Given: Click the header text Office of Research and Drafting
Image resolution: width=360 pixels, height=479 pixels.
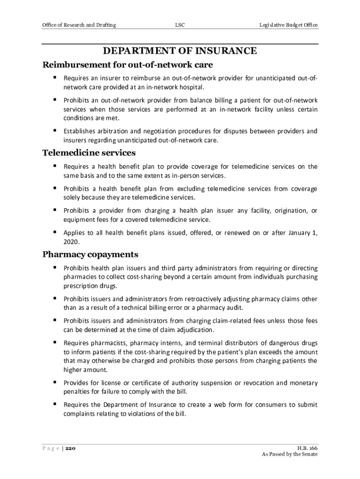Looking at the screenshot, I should click(79, 25).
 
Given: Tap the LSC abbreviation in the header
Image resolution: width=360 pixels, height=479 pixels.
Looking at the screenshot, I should click(180, 25).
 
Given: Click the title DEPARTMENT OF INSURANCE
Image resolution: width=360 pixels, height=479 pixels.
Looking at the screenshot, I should click(180, 51).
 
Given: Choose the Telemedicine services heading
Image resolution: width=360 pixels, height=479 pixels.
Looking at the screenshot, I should click(89, 153).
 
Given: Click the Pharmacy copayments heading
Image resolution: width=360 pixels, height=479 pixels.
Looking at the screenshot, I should click(90, 254).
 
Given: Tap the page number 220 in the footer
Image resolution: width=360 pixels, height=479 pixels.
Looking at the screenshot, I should click(70, 448).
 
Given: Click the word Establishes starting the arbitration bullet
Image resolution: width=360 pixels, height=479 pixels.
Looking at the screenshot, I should click(80, 131).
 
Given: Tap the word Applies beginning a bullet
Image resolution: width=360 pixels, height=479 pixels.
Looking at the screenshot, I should click(74, 232).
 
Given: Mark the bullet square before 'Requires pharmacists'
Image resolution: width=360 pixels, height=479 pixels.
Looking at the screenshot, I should click(55, 342).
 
